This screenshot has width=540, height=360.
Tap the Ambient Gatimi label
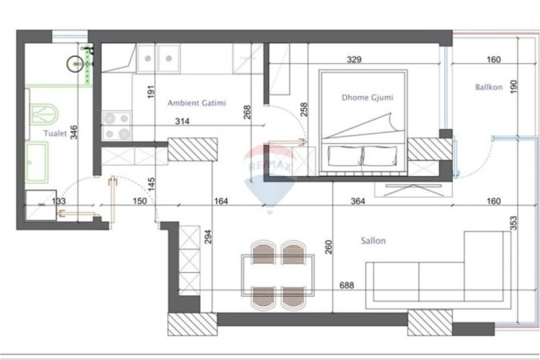[x=196, y=103]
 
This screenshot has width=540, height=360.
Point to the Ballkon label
[x=488, y=88]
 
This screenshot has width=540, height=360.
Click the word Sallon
[x=372, y=241]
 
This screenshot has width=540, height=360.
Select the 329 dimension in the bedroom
[x=355, y=59]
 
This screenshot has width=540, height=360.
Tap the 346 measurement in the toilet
[x=74, y=132]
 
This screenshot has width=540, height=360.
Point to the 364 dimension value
[x=358, y=202]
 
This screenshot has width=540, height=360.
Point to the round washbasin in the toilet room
[x=77, y=62]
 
